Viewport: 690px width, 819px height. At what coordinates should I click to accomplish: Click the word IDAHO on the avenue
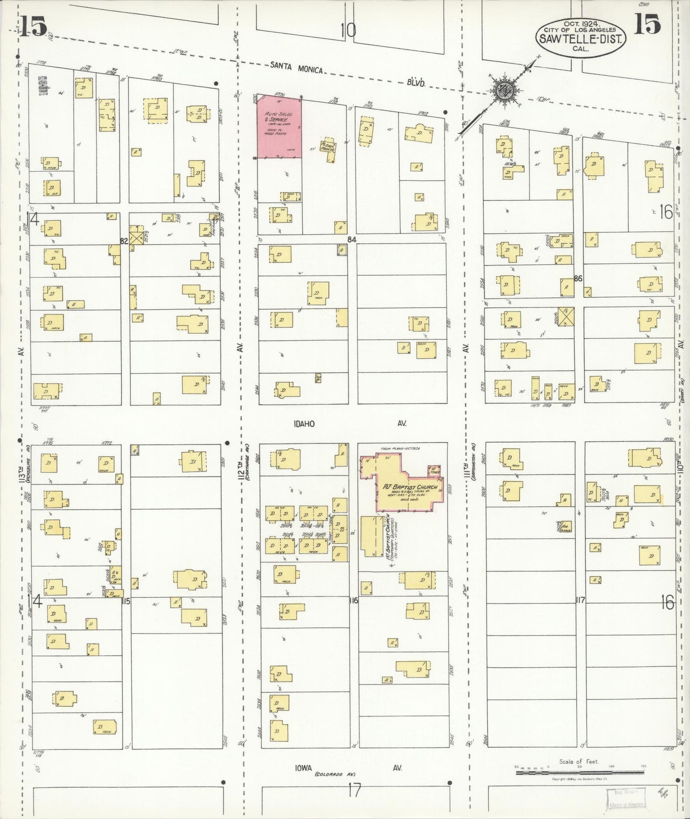[x=304, y=424]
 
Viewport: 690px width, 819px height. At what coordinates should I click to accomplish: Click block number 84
[x=352, y=239]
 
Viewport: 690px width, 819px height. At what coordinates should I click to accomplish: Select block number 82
[x=124, y=241]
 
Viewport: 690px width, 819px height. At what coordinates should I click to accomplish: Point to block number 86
[x=578, y=278]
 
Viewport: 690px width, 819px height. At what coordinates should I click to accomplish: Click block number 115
[x=126, y=601]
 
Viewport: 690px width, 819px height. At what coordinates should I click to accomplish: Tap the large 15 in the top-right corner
[x=647, y=24]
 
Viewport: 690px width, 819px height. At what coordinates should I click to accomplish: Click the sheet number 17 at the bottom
[x=354, y=791]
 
